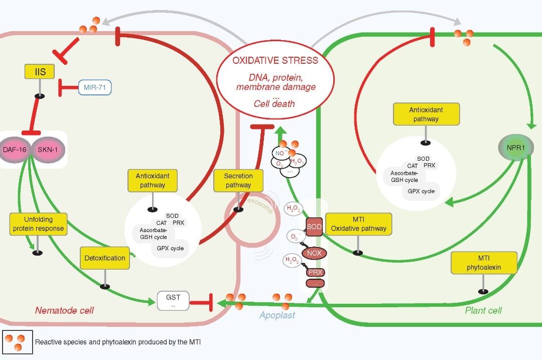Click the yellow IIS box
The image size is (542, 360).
coord(40,72)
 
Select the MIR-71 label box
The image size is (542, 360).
coord(94,88)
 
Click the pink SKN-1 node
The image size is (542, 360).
coord(48,149)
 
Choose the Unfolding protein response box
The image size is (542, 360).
coord(39,223)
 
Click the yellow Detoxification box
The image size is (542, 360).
coord(105,258)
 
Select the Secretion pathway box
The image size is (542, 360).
coord(238,180)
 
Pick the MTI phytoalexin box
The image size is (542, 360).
coord(483,263)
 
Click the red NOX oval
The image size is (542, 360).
coord(314,253)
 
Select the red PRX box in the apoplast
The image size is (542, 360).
coord(315,272)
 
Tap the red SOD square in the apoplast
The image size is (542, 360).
coord(314,226)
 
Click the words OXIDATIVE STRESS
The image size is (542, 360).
coord(275,60)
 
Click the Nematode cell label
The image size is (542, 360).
coord(64,310)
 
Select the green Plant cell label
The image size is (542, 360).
coord(483,310)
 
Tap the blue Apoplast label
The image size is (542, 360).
coord(277,315)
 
